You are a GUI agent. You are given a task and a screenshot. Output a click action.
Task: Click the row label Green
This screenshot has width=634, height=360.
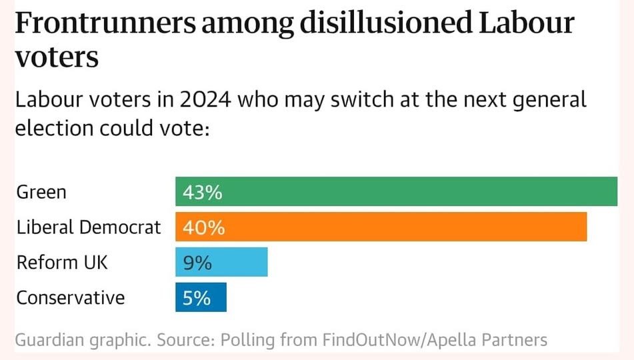click(41, 193)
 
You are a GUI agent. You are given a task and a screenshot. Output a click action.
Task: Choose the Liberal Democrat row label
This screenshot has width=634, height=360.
click(89, 227)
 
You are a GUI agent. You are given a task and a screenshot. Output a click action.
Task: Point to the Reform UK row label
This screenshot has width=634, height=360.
click(62, 263)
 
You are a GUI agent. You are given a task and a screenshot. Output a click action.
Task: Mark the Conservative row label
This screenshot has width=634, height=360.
click(71, 297)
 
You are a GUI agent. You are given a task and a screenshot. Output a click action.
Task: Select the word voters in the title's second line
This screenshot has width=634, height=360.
click(57, 58)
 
